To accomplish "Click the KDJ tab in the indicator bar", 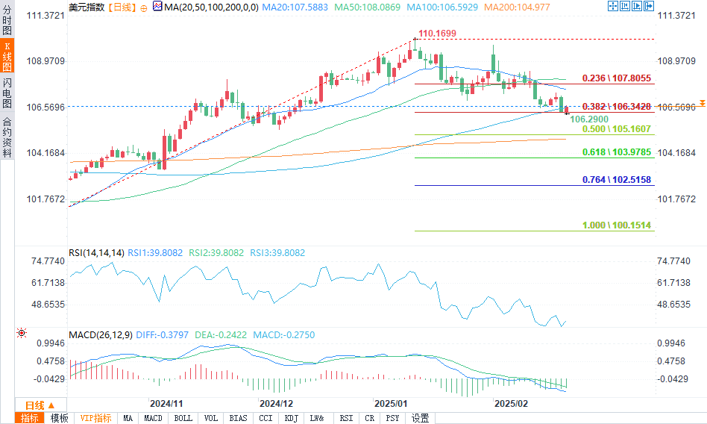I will (292, 418).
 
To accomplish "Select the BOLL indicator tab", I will (183, 418).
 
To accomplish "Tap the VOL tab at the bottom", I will (211, 418).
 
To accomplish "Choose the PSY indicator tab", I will (393, 418).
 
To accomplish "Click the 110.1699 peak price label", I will (437, 34).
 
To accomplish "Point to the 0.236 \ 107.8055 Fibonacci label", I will (617, 78).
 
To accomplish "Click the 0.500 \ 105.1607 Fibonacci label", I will (617, 129).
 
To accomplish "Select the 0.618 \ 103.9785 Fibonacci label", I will (617, 152).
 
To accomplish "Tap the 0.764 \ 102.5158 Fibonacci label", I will (617, 180).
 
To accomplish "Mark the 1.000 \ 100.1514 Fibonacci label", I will (617, 225).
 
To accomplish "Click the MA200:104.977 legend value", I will (519, 7).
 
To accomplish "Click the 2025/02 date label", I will (512, 402).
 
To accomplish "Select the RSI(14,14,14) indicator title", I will (96, 253).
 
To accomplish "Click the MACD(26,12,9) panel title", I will (101, 335).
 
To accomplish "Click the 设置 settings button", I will (420, 418).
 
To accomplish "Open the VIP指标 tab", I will (95, 418).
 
